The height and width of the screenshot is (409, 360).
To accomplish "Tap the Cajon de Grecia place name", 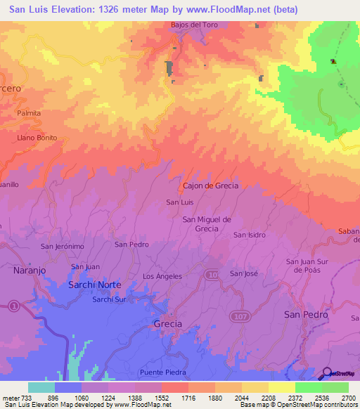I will coord(211,186).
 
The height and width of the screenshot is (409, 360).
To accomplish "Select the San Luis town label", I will coord(179,202).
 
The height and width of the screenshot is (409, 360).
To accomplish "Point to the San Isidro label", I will coord(250,235).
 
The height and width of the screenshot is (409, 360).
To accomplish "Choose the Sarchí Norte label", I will coord(94,285).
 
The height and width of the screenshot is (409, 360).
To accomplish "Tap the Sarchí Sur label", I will coord(109,299).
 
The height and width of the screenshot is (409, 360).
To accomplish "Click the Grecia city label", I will coord(167,324).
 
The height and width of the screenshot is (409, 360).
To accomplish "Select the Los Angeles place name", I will coord(162,276).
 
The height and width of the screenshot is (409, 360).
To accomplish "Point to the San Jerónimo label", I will coord(63,247).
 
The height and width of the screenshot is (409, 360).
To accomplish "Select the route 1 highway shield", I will coord(13,304).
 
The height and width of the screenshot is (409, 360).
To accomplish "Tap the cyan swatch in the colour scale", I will coord(41,387).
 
